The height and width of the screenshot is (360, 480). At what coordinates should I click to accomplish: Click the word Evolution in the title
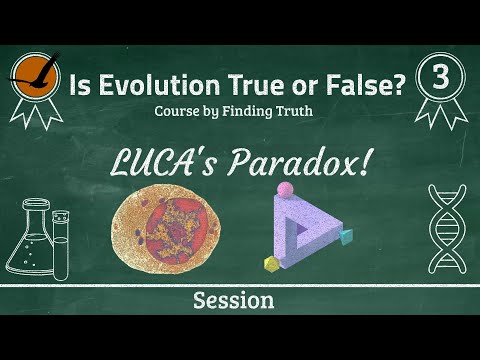coord(159,85)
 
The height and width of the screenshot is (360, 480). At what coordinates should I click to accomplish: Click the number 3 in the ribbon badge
coord(441,77)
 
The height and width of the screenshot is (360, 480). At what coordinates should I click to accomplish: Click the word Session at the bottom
coord(234,300)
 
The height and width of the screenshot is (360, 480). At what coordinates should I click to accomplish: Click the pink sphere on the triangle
coord(285,189)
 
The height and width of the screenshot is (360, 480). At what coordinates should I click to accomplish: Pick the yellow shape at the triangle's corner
coord(271,264)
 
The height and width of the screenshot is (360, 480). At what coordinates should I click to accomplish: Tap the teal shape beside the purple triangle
coord(345,236)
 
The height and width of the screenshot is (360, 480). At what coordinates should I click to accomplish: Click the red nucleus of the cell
coord(177,230)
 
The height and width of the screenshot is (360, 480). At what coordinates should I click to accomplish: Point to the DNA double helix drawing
coord(447,229)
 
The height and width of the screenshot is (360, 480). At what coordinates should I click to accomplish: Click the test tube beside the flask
coord(61,245)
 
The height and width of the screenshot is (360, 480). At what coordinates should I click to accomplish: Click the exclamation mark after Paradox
coord(364,162)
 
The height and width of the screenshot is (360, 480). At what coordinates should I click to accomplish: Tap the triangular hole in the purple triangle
coord(302,230)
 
